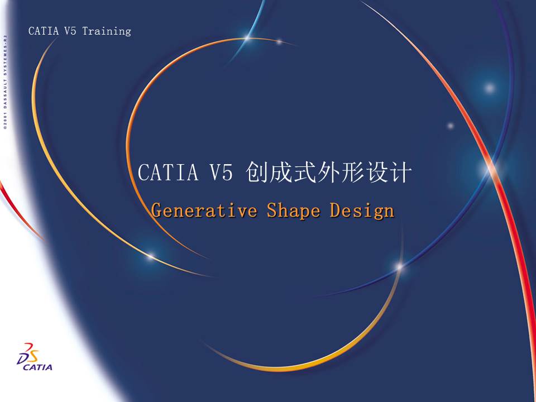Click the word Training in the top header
pyautogui.click(x=107, y=31)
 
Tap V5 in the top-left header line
pyautogui.click(x=70, y=31)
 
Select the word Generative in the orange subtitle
pyautogui.click(x=204, y=211)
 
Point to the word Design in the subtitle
pyautogui.click(x=362, y=211)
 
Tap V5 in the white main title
pyautogui.click(x=221, y=173)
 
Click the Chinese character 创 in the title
pyautogui.click(x=257, y=173)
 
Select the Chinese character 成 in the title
pyautogui.click(x=282, y=173)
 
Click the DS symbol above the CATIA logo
pyautogui.click(x=28, y=353)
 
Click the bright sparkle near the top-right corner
pyautogui.click(x=490, y=88)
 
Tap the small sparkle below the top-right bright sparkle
pyautogui.click(x=451, y=126)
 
